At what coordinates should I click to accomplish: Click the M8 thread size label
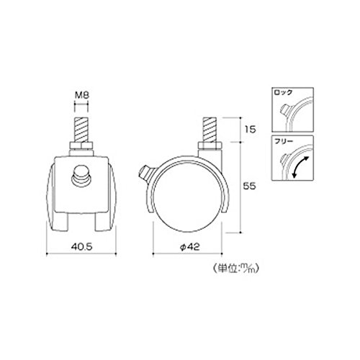pyautogui.click(x=82, y=95)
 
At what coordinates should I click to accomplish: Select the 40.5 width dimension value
pyautogui.click(x=81, y=246)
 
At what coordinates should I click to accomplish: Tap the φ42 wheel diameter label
pyautogui.click(x=189, y=246)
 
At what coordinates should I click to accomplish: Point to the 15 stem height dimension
pyautogui.click(x=250, y=130)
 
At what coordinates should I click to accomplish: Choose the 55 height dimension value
pyautogui.click(x=250, y=186)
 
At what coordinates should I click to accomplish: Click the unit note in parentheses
pyautogui.click(x=236, y=269)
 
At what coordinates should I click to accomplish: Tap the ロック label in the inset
pyautogui.click(x=284, y=92)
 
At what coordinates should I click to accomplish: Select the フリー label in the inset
pyautogui.click(x=284, y=141)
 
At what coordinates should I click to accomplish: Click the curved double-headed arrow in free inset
pyautogui.click(x=300, y=166)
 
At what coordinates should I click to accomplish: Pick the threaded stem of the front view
pyautogui.click(x=81, y=130)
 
